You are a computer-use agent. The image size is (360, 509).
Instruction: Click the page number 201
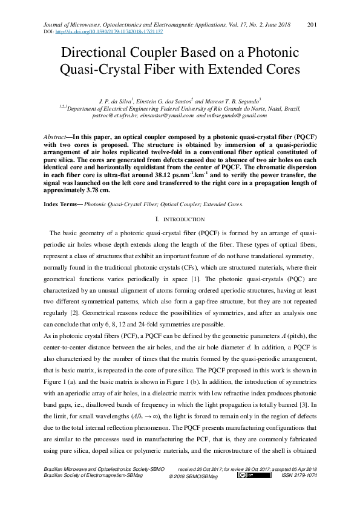(x=313, y=24)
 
